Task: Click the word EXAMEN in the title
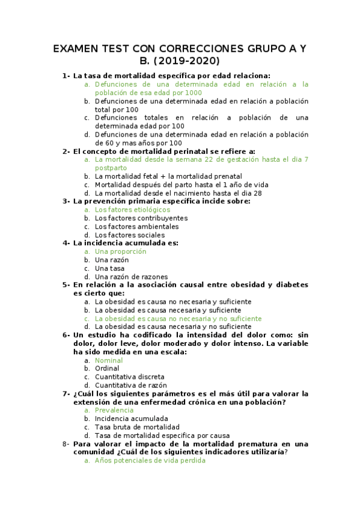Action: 78,48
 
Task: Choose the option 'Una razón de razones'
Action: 131,277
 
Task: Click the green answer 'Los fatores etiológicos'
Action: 132,210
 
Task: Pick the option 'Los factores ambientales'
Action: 136,227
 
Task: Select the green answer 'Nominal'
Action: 109,360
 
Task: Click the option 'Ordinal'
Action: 107,369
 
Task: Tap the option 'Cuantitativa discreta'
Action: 129,377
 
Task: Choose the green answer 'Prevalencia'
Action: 114,410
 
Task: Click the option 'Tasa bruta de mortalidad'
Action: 137,427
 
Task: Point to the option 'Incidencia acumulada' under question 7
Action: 131,419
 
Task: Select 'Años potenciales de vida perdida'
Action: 150,461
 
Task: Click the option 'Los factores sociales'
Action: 130,235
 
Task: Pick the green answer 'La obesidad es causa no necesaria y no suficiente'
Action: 178,319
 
